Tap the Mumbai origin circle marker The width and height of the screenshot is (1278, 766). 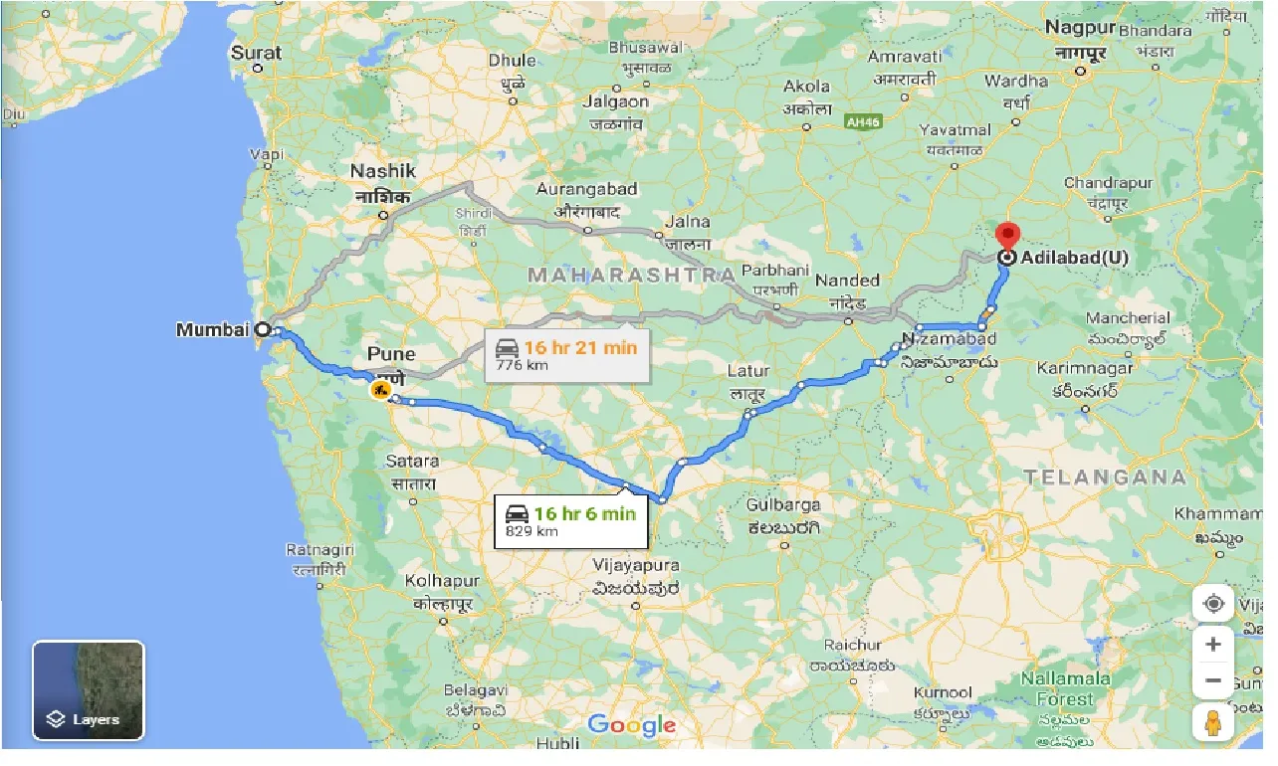click(263, 329)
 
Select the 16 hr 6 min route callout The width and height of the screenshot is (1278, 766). click(571, 520)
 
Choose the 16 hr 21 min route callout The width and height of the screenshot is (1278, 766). click(566, 355)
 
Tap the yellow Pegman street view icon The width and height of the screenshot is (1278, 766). click(1212, 722)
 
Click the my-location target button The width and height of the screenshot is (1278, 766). click(1212, 604)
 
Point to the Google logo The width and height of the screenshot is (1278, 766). click(631, 725)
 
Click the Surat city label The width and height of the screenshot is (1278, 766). click(256, 53)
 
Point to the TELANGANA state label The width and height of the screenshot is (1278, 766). click(1106, 478)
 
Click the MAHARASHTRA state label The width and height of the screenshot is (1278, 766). click(631, 276)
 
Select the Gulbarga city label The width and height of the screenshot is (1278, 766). click(782, 504)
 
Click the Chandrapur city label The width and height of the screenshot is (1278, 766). click(1108, 183)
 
